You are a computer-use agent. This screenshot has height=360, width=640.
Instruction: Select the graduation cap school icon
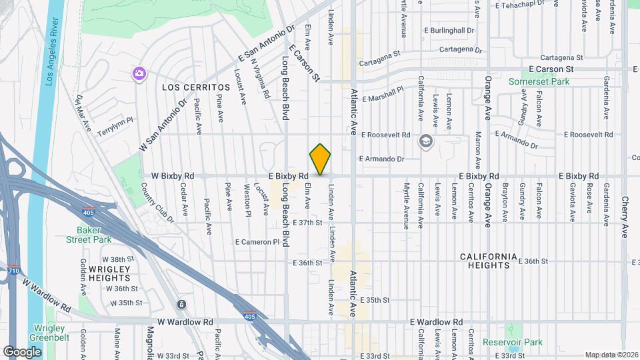(x=425, y=141)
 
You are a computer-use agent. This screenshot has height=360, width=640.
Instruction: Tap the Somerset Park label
(x=539, y=81)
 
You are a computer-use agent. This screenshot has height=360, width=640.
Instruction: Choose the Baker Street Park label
(x=93, y=235)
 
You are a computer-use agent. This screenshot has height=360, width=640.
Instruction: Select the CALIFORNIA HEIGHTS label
(x=489, y=261)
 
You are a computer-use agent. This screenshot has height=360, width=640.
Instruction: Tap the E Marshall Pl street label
(x=382, y=93)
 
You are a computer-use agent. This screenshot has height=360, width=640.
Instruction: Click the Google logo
(x=22, y=351)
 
